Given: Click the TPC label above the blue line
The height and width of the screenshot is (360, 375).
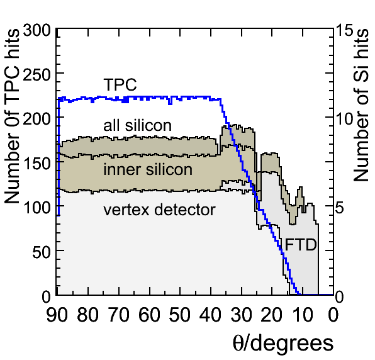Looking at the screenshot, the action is (120, 84).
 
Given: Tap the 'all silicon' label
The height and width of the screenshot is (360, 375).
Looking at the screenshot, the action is (138, 125).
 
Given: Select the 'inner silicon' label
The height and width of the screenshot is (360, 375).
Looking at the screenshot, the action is (148, 169).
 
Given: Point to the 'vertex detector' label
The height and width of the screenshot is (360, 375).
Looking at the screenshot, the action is (160, 210).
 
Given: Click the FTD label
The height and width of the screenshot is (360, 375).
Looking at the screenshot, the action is (301, 245).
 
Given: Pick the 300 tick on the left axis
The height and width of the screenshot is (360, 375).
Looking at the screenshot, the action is (37, 31).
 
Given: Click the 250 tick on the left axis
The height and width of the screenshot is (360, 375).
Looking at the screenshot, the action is (37, 76).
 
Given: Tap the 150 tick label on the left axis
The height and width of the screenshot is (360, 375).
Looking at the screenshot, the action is (37, 164).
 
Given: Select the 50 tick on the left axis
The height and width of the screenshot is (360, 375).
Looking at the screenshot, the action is (42, 252).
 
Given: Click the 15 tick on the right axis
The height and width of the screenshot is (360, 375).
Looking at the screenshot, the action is (345, 31).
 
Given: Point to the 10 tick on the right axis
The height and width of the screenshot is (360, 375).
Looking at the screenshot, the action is (345, 120).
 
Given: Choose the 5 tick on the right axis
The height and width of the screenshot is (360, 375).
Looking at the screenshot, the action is (340, 208).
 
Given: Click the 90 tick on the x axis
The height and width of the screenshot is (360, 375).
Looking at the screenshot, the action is (57, 315).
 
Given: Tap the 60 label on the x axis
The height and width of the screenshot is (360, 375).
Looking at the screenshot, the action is (149, 315).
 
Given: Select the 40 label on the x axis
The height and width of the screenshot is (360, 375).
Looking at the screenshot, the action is (210, 315).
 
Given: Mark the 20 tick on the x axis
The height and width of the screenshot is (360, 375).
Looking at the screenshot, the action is (271, 315).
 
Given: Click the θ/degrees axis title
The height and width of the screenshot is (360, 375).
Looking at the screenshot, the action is (283, 344).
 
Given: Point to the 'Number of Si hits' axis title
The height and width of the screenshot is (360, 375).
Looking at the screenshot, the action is (361, 104).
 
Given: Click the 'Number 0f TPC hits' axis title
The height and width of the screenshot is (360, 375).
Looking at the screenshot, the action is (11, 116).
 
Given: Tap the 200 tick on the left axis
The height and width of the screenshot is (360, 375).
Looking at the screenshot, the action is (37, 120).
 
